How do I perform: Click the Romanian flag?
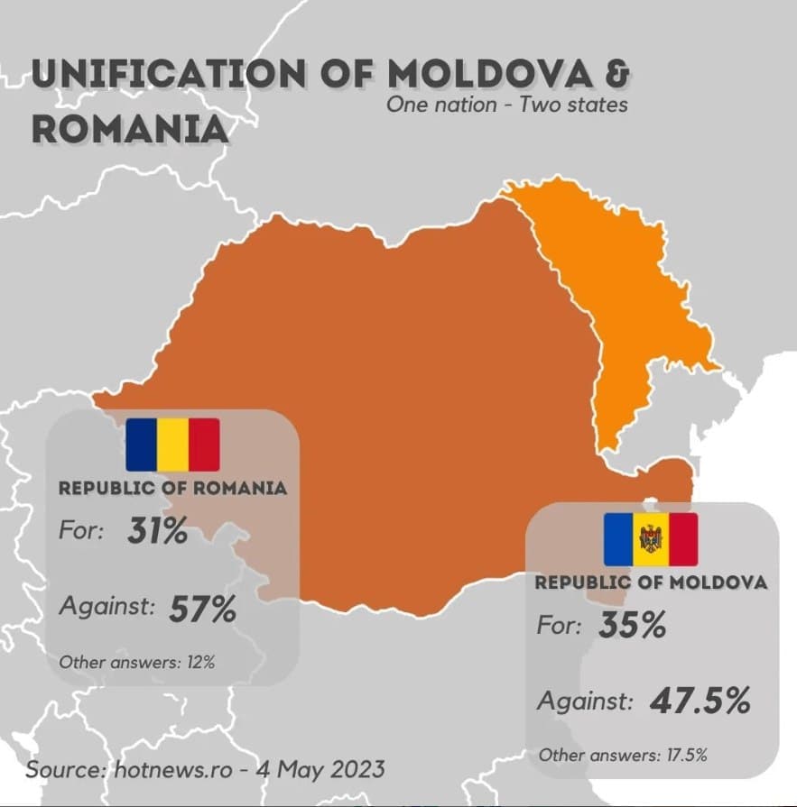(172, 445)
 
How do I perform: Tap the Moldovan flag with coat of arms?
(650, 538)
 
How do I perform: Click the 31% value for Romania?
(158, 532)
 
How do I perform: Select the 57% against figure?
(202, 610)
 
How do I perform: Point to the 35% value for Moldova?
(632, 625)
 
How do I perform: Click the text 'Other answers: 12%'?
(136, 663)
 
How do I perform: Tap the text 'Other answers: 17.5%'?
(622, 755)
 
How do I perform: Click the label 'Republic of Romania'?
(173, 489)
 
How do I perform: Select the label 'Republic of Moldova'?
(651, 582)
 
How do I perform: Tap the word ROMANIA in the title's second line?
(130, 129)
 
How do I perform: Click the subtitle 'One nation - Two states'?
(506, 105)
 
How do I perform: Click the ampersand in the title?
(616, 73)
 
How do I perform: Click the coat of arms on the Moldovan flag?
(650, 539)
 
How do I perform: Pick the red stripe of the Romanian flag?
(204, 445)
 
